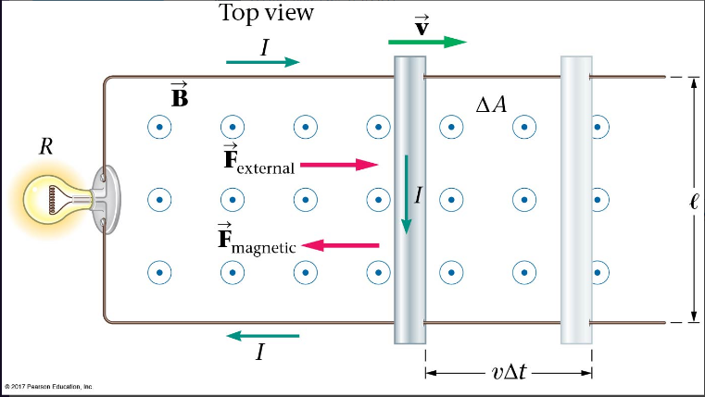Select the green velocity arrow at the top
pos(427,42)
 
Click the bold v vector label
pos(422,23)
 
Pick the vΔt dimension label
pos(509,373)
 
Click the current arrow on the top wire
pos(263,62)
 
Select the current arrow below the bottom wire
pos(263,335)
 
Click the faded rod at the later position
pos(575,199)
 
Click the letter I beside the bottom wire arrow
pos(261,353)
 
